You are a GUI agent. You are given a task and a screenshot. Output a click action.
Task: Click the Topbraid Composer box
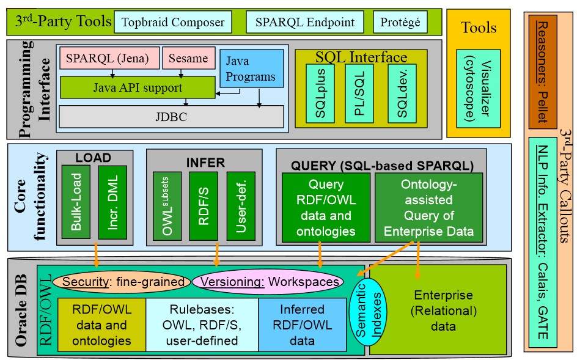(173, 23)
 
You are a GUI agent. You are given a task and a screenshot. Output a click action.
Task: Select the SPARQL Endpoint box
(304, 23)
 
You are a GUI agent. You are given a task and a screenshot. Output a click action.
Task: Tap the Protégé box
(400, 23)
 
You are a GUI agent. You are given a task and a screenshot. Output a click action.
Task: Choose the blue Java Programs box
(251, 69)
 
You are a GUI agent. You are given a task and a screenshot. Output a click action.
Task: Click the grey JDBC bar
(171, 116)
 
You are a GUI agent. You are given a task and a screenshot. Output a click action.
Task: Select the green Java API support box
(138, 87)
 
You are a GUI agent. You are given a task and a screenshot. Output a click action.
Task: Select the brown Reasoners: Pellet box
(541, 70)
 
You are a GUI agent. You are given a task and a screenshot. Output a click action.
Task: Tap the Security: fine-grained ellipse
(123, 282)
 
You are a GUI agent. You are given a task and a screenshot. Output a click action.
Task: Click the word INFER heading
(205, 163)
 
